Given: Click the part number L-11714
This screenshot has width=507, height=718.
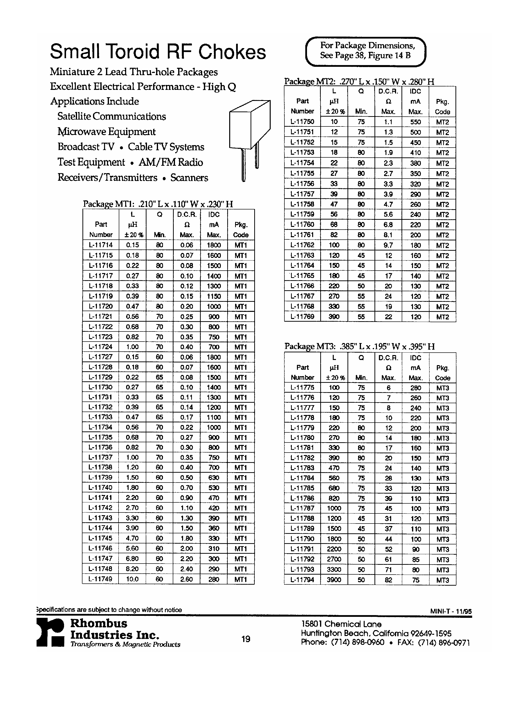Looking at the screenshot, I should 101,245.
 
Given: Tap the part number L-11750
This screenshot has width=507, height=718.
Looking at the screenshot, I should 302,122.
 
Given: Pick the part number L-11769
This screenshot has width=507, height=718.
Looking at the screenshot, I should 302,317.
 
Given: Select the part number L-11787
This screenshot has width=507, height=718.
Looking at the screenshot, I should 302,508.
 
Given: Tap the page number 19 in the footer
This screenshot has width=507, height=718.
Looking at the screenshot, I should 246,639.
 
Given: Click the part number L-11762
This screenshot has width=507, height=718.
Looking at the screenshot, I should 302,245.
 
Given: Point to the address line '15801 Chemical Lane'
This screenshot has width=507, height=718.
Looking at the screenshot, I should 341,624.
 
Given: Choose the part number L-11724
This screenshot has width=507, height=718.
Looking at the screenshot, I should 101,346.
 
